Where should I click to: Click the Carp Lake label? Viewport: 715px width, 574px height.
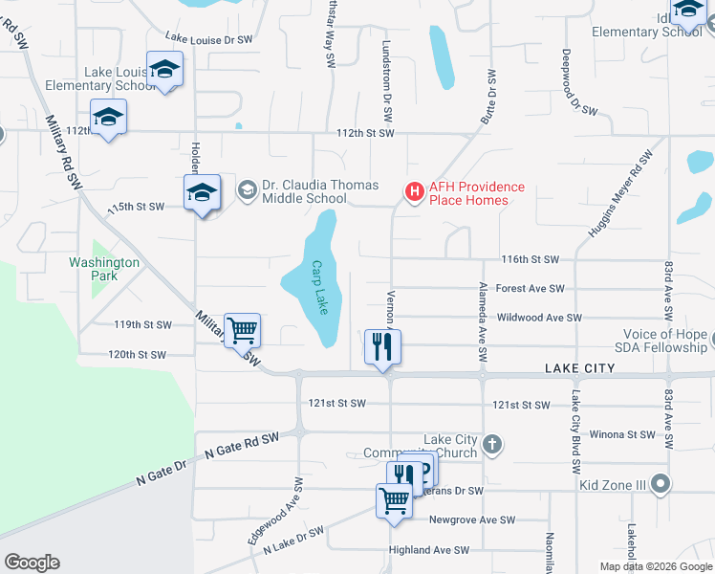point(320,288)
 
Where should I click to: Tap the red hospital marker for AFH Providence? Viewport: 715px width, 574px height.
point(415,192)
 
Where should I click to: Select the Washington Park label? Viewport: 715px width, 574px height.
point(104,269)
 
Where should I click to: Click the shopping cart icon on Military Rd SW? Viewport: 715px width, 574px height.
point(242,330)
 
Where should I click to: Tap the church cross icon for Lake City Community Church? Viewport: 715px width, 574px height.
point(491,443)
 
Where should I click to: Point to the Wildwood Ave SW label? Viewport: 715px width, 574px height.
point(539,317)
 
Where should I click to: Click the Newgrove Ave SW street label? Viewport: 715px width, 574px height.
point(471,519)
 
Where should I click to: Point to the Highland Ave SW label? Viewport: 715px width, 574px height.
point(429,550)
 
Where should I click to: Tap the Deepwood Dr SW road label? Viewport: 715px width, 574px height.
point(579,82)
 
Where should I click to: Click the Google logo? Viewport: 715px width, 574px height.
point(32,563)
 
